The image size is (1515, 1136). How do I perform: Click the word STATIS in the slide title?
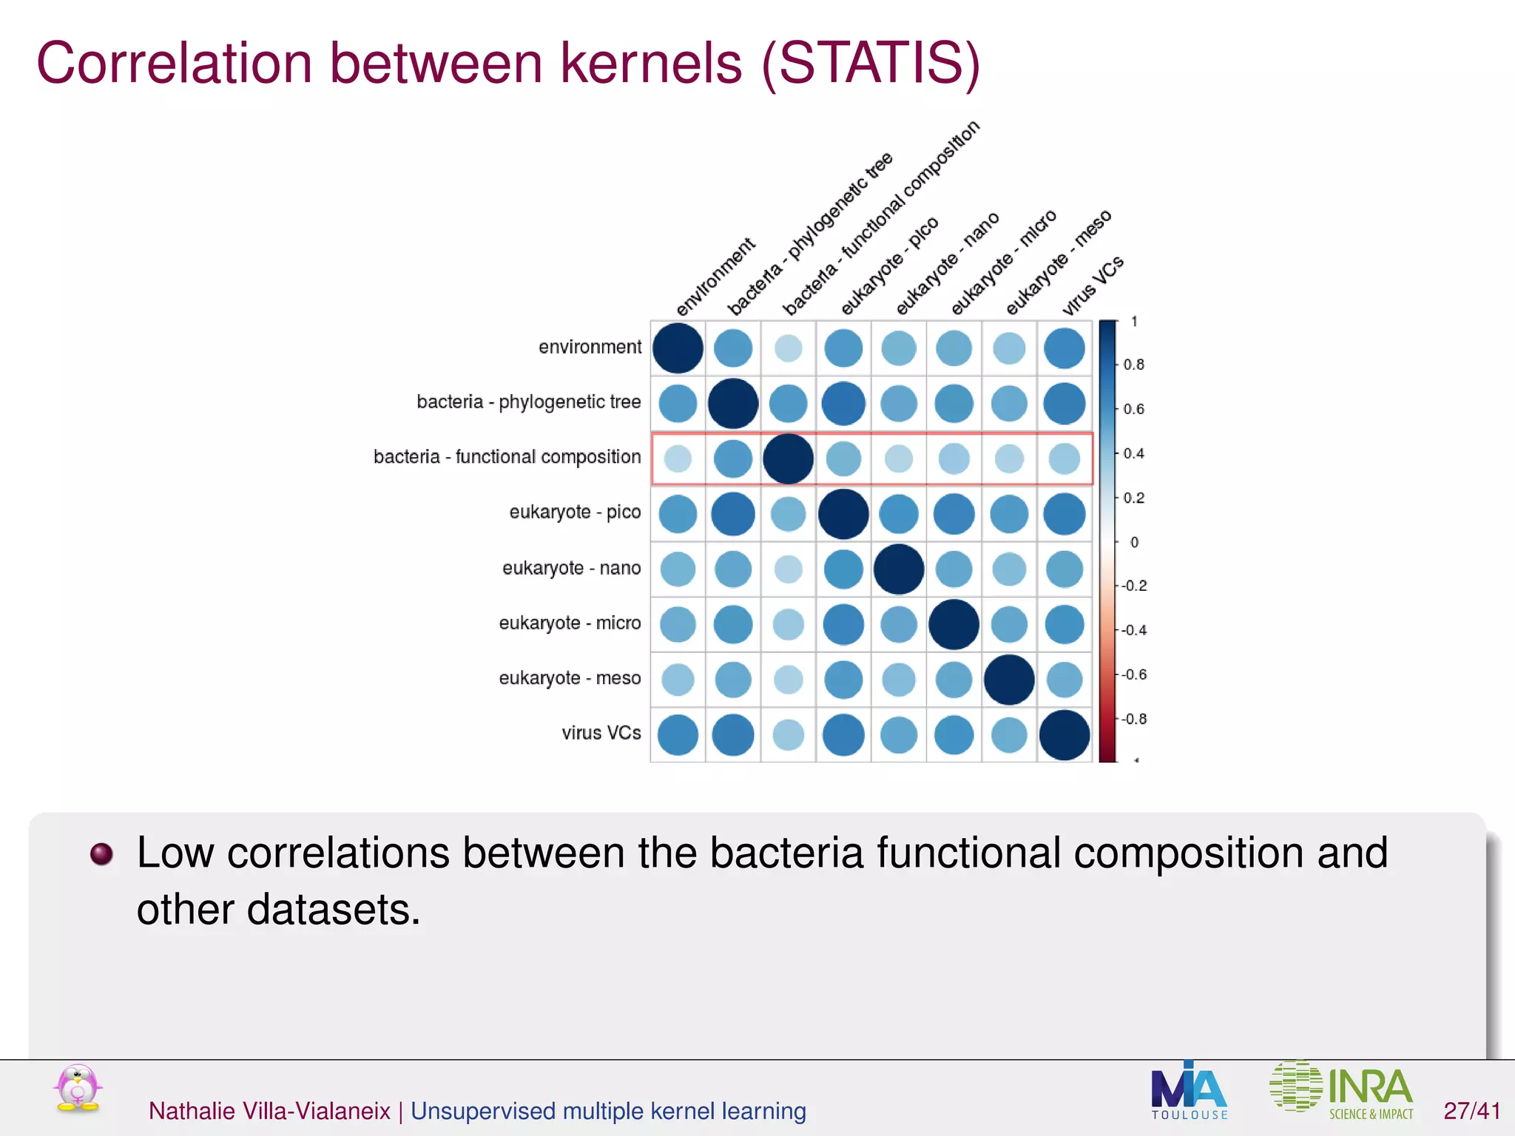[x=871, y=64]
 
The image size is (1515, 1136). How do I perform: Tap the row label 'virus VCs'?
[x=601, y=733]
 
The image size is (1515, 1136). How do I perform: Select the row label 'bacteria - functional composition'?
[x=507, y=457]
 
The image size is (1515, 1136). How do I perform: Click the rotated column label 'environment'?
[x=715, y=277]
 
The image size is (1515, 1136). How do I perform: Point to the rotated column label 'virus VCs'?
[x=1093, y=285]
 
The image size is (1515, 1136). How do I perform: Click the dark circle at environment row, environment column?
[x=678, y=348]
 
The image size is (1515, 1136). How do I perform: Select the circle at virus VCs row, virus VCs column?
[x=1064, y=734]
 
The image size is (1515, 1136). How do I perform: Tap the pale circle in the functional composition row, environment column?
[x=678, y=459]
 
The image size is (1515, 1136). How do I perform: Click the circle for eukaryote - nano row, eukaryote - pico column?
[x=843, y=569]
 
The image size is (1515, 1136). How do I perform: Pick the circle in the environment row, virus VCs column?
[x=1064, y=348]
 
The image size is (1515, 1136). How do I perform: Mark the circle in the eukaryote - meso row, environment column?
[x=678, y=680]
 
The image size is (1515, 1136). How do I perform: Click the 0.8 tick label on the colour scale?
[x=1133, y=365]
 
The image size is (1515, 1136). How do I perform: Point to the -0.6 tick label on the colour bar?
[x=1133, y=674]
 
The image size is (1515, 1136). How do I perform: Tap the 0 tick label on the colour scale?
[x=1134, y=542]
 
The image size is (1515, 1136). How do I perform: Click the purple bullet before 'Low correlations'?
[x=101, y=853]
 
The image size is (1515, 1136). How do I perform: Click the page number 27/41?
[x=1471, y=1111]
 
